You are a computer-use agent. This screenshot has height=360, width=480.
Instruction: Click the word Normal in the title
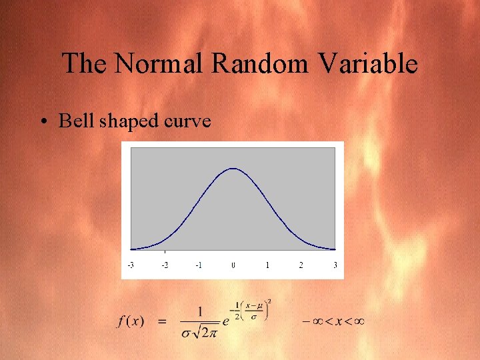(x=161, y=64)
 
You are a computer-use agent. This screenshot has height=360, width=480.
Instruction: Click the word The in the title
(x=85, y=64)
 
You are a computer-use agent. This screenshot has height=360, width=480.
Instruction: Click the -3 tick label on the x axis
(x=131, y=265)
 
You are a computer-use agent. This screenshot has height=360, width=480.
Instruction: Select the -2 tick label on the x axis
(x=165, y=265)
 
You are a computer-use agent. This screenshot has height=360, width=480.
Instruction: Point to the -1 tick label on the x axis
(x=199, y=265)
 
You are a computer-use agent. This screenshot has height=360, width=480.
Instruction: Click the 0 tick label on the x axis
(x=233, y=265)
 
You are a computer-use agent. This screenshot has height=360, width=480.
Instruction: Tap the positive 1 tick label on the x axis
(x=267, y=265)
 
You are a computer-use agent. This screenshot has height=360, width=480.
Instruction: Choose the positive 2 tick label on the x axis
(x=301, y=265)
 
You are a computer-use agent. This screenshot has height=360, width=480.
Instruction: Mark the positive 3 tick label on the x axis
(x=335, y=265)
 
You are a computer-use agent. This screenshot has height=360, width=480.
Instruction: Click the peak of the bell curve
(x=233, y=169)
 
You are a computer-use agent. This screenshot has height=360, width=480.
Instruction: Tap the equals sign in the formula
(x=161, y=321)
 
